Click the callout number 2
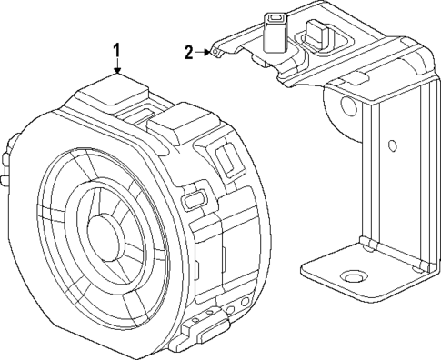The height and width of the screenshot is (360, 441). [x=188, y=53]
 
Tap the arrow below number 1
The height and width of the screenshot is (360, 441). [x=116, y=66]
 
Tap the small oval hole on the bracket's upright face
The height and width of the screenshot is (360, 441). [x=392, y=145]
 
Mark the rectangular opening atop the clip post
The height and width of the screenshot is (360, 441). [x=273, y=17]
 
